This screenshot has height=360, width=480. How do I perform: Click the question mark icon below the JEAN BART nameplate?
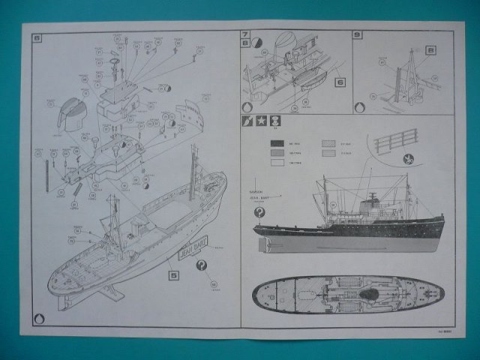coord(202,266)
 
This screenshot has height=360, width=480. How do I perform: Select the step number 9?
coord(357,35)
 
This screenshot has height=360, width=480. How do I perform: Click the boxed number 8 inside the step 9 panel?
coord(430,50)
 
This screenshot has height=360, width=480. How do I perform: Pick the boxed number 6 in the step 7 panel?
coord(339,82)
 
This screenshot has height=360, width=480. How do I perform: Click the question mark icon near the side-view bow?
coord(259,212)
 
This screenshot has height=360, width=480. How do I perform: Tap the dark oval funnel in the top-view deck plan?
coord(368,294)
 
